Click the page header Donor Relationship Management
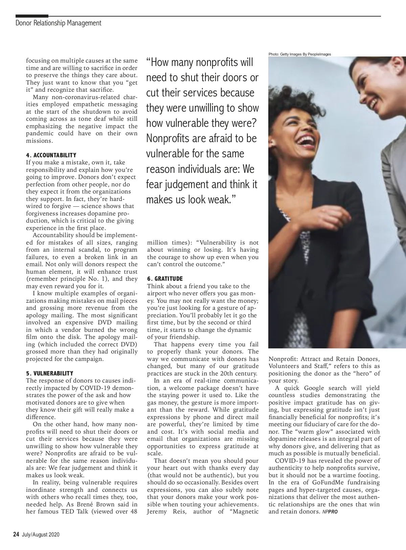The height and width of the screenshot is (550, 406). [x=58, y=23]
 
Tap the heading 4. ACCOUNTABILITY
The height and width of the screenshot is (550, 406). [x=51, y=155]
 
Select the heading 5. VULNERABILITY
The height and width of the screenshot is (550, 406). [x=49, y=373]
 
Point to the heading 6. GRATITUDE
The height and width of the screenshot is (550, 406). [x=165, y=279]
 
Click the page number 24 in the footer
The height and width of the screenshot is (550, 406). [x=16, y=534]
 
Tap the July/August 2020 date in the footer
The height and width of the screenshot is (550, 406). [x=41, y=535]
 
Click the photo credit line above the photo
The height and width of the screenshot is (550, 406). [x=299, y=54]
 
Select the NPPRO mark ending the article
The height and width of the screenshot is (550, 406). [x=330, y=512]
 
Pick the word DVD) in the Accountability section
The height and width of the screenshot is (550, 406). [x=128, y=344]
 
